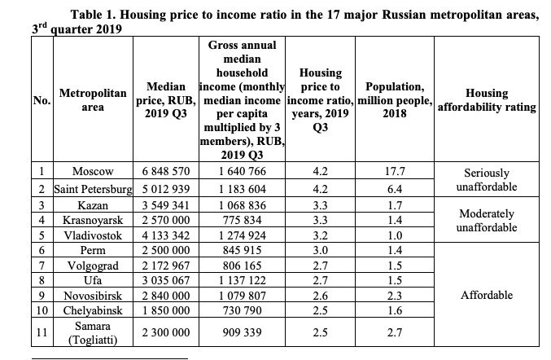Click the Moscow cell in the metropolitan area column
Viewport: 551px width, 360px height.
pos(93,172)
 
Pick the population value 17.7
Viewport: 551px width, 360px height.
pos(394,172)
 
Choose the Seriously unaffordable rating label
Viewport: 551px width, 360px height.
pos(486,180)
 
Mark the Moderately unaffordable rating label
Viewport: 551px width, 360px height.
pos(486,220)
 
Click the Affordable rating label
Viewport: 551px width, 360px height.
pos(486,295)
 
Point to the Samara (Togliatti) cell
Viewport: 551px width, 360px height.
pos(93,333)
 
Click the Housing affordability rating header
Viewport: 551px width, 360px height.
pos(486,100)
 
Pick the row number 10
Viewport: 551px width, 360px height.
pos(41,311)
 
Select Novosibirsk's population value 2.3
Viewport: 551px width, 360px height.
pos(394,296)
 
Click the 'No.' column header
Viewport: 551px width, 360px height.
pos(41,101)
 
